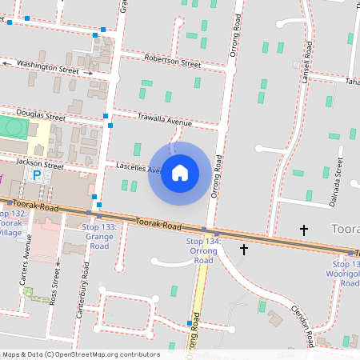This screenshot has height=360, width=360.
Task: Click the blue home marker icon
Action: pyautogui.click(x=180, y=173)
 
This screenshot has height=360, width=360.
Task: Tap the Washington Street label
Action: pyautogui.click(x=47, y=66)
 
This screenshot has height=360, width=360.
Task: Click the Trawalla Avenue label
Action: pyautogui.click(x=164, y=120)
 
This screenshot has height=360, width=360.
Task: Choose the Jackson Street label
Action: pyautogui.click(x=40, y=165)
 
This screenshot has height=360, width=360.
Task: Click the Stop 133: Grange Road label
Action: pyautogui.click(x=99, y=237)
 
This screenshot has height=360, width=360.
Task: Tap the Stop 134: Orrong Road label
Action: pyautogui.click(x=204, y=250)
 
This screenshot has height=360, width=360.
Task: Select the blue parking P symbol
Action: pyautogui.click(x=36, y=174)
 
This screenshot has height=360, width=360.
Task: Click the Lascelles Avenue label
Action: pyautogui.click(x=141, y=168)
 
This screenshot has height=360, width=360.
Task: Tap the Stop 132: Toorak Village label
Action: pyautogui.click(x=13, y=222)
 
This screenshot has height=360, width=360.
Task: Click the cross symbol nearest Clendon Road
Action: pyautogui.click(x=244, y=250)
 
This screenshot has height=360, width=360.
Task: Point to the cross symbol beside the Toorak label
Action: pyautogui.click(x=304, y=230)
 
